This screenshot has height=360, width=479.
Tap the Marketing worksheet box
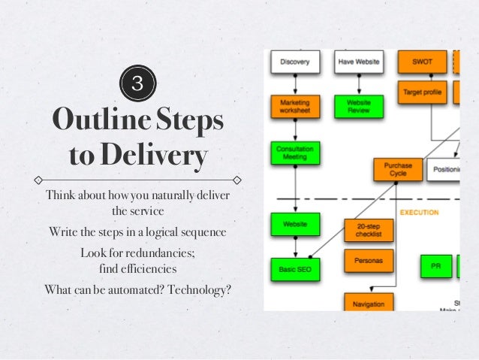pos(295,106)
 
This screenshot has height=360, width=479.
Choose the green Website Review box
pos(358,106)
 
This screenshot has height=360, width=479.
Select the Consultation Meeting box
pos(295,153)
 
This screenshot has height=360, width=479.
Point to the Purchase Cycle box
pos(397,169)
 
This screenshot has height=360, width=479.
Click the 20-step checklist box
pos(369,230)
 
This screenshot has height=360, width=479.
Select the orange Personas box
pos(369,261)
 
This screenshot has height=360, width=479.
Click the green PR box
pos(435,266)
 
